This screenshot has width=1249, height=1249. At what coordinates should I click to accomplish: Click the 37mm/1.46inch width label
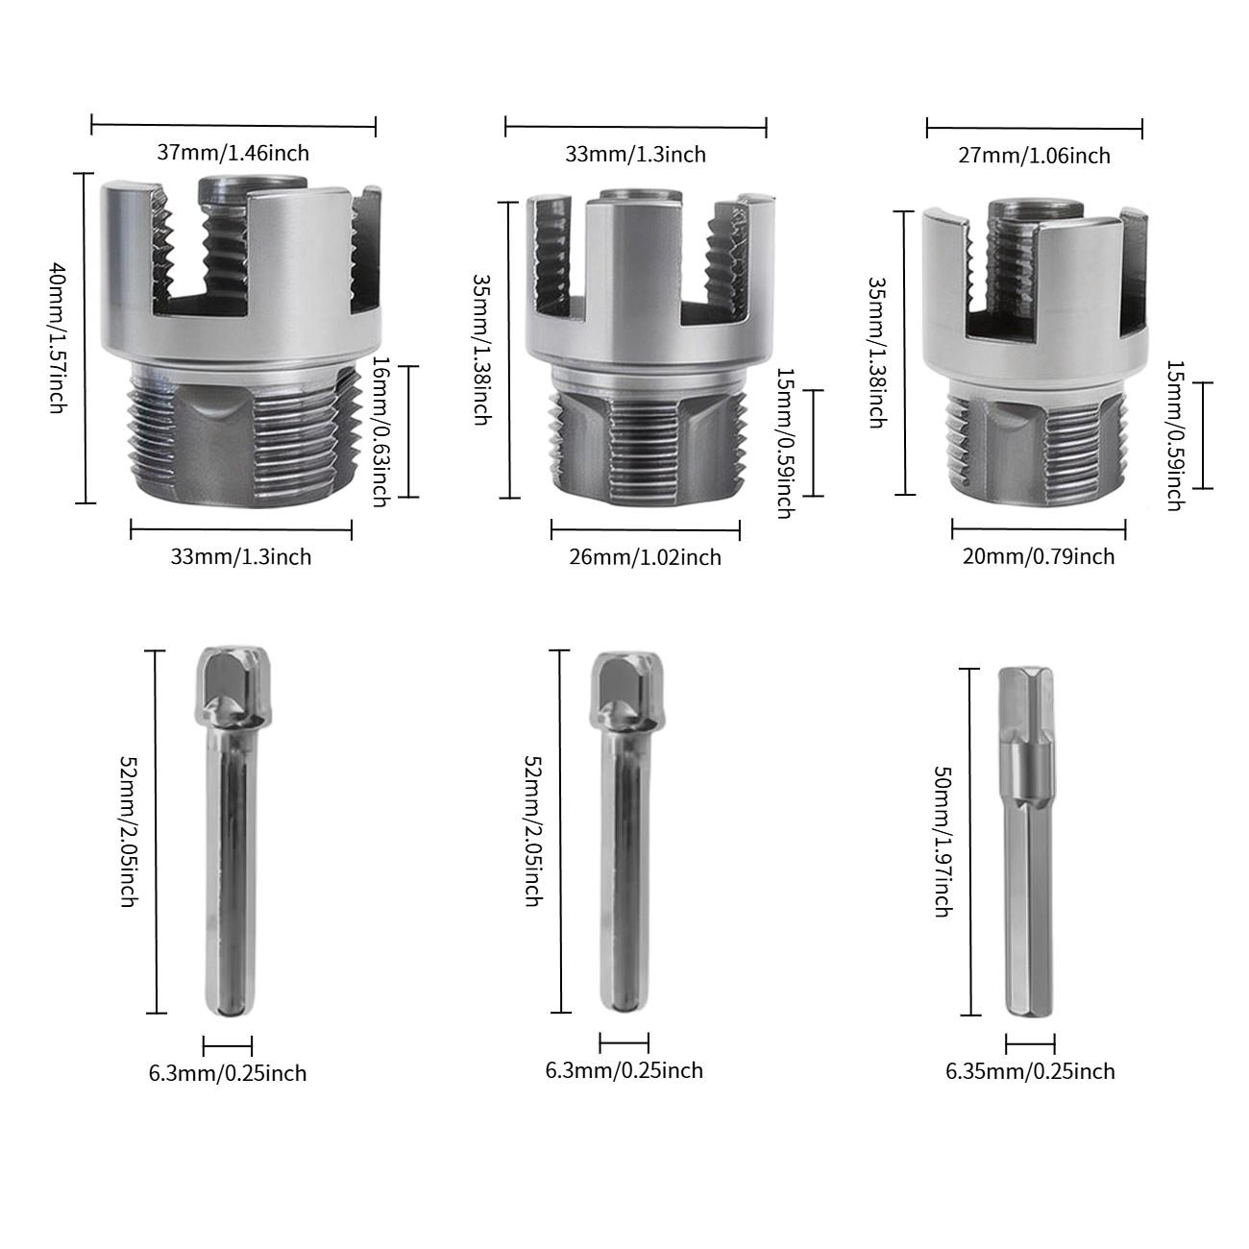tap(233, 152)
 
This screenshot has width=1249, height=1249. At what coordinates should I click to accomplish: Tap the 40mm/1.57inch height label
tap(59, 337)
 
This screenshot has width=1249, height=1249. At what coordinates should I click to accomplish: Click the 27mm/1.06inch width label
tap(1034, 156)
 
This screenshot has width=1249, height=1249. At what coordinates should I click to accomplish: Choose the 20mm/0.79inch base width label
tap(1039, 556)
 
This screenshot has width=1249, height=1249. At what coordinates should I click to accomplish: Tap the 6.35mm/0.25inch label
tap(1030, 1071)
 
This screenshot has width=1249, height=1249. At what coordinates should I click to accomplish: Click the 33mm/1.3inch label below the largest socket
tap(241, 556)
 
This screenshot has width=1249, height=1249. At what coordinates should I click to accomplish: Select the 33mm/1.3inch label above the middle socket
tap(635, 154)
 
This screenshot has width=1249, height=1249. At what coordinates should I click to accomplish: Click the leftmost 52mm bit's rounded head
tap(229, 685)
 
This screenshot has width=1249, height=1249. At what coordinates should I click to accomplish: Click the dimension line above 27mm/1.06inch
tap(1034, 127)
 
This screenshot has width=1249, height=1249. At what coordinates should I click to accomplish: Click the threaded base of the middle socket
tap(649, 443)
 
